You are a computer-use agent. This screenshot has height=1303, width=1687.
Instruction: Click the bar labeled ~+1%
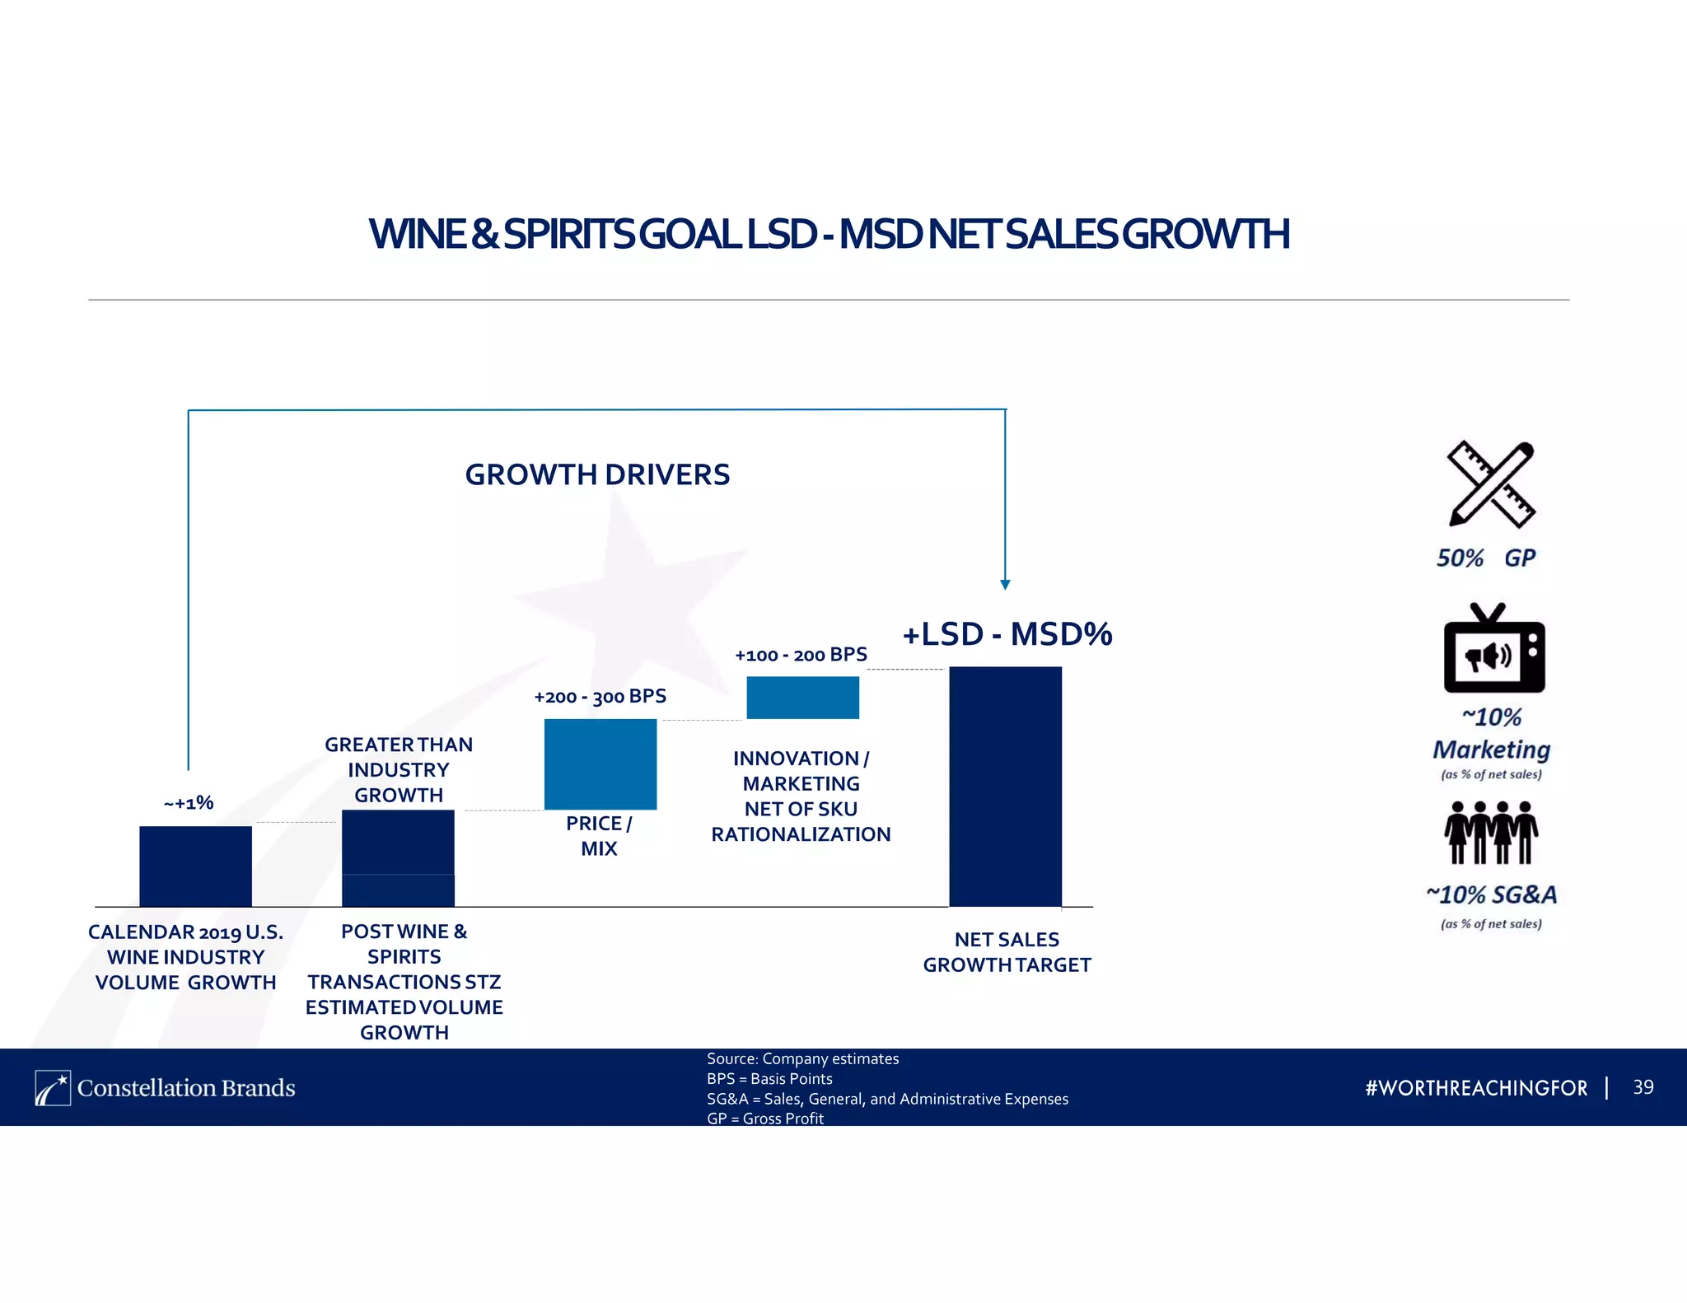[195, 866]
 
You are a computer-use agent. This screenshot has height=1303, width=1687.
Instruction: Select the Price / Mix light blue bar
[600, 764]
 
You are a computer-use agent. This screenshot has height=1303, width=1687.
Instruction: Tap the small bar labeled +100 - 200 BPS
[802, 697]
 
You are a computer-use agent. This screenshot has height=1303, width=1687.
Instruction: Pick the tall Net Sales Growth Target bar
[1005, 786]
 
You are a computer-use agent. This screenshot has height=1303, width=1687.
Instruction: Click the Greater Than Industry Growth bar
[398, 857]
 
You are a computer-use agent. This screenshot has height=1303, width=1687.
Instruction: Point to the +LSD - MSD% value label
[1007, 634]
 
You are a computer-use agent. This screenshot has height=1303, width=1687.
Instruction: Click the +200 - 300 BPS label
[600, 697]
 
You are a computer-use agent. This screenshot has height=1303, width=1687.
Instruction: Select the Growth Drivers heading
[597, 474]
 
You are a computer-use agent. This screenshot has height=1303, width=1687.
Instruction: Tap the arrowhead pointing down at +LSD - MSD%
[1005, 585]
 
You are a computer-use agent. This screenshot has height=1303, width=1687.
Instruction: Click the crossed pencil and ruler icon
[1491, 484]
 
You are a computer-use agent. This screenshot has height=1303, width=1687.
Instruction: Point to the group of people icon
[1491, 832]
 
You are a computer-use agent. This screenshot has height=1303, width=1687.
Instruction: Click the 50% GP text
[1486, 558]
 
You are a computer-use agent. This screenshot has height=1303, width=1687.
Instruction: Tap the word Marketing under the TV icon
[1491, 750]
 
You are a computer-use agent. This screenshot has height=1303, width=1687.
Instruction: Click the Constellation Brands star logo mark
[53, 1088]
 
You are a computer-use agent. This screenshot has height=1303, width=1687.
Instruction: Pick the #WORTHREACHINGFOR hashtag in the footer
[1476, 1088]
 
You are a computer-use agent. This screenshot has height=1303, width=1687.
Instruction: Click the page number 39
[1643, 1087]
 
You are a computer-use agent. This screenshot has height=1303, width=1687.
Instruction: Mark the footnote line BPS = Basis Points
[769, 1079]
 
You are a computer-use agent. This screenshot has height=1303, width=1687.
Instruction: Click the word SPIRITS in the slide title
[568, 234]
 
